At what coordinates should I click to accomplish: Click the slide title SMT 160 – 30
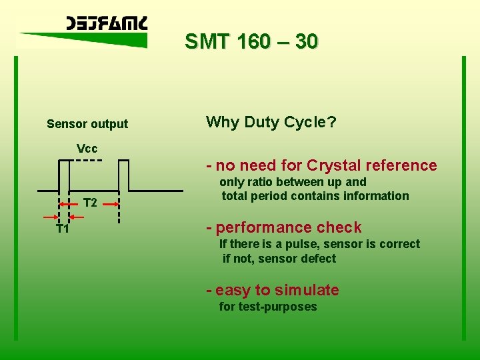[251, 42]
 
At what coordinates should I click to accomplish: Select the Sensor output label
[87, 124]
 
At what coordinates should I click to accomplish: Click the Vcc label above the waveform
[87, 148]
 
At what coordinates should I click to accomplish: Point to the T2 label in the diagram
[90, 203]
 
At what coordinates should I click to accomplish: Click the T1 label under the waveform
[63, 229]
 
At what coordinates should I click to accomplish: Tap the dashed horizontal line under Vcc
[87, 161]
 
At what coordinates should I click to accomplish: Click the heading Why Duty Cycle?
[271, 122]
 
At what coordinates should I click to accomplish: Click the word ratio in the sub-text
[260, 182]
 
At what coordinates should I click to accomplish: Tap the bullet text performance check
[288, 227]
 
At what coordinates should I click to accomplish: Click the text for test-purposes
[268, 307]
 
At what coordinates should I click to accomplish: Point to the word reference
[405, 165]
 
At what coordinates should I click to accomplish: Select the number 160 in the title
[247, 42]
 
